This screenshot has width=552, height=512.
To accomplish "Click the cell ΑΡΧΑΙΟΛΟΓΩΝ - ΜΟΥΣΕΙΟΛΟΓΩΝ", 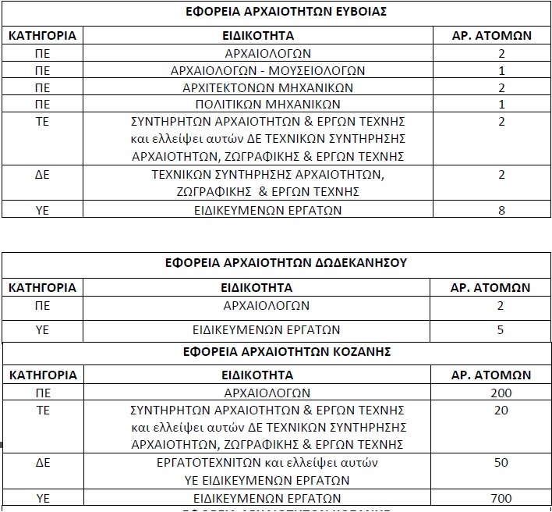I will click(267, 70).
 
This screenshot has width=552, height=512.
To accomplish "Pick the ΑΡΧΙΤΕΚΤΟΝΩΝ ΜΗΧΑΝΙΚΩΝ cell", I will click(267, 87).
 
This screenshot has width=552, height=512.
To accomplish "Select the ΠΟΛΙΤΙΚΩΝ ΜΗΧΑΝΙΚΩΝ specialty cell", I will click(267, 104).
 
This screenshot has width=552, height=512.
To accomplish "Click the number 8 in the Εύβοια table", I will click(501, 210).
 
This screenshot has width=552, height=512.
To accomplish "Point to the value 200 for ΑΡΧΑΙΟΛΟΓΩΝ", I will click(501, 393).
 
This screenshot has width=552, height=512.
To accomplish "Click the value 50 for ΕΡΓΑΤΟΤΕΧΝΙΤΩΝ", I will click(501, 463).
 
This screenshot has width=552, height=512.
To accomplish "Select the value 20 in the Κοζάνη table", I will click(501, 411).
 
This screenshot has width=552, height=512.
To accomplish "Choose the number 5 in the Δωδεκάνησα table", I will click(501, 329).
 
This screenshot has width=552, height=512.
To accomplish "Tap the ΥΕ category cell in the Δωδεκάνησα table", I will click(42, 329).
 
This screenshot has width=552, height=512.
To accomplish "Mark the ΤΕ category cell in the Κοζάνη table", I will click(42, 411).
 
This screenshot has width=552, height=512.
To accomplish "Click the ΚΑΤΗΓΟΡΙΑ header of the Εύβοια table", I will click(42, 36).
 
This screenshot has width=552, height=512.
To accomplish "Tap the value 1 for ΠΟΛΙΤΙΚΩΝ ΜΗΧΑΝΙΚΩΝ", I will click(501, 104).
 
